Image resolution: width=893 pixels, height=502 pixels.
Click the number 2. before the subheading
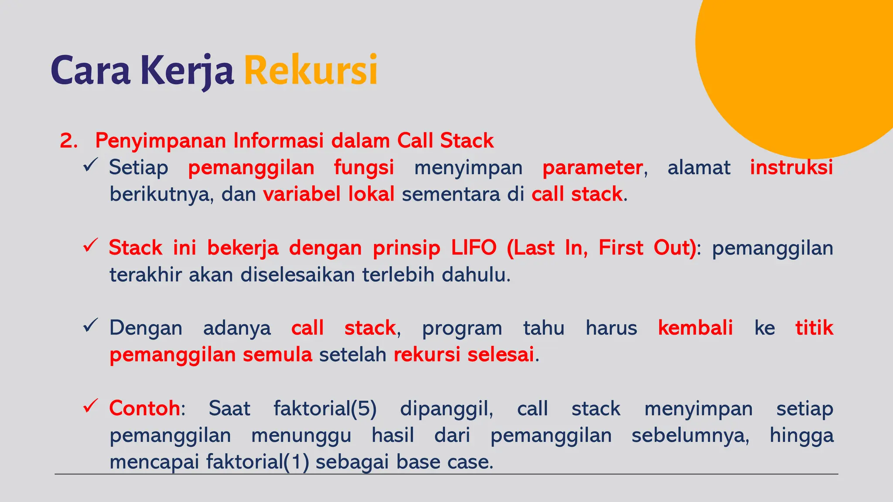click(x=68, y=141)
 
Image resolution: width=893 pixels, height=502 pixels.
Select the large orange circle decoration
click(x=798, y=65)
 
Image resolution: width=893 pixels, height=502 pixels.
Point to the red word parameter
click(x=592, y=168)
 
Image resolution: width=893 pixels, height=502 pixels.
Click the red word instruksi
click(x=791, y=167)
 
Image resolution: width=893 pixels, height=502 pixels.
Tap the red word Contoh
click(x=144, y=408)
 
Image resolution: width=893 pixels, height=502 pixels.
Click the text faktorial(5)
click(x=325, y=409)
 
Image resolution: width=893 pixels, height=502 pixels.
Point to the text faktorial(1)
click(x=257, y=462)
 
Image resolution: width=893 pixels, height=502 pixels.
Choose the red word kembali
click(x=695, y=328)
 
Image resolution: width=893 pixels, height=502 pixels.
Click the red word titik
click(x=814, y=328)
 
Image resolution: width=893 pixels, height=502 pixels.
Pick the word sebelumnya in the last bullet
click(x=690, y=435)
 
